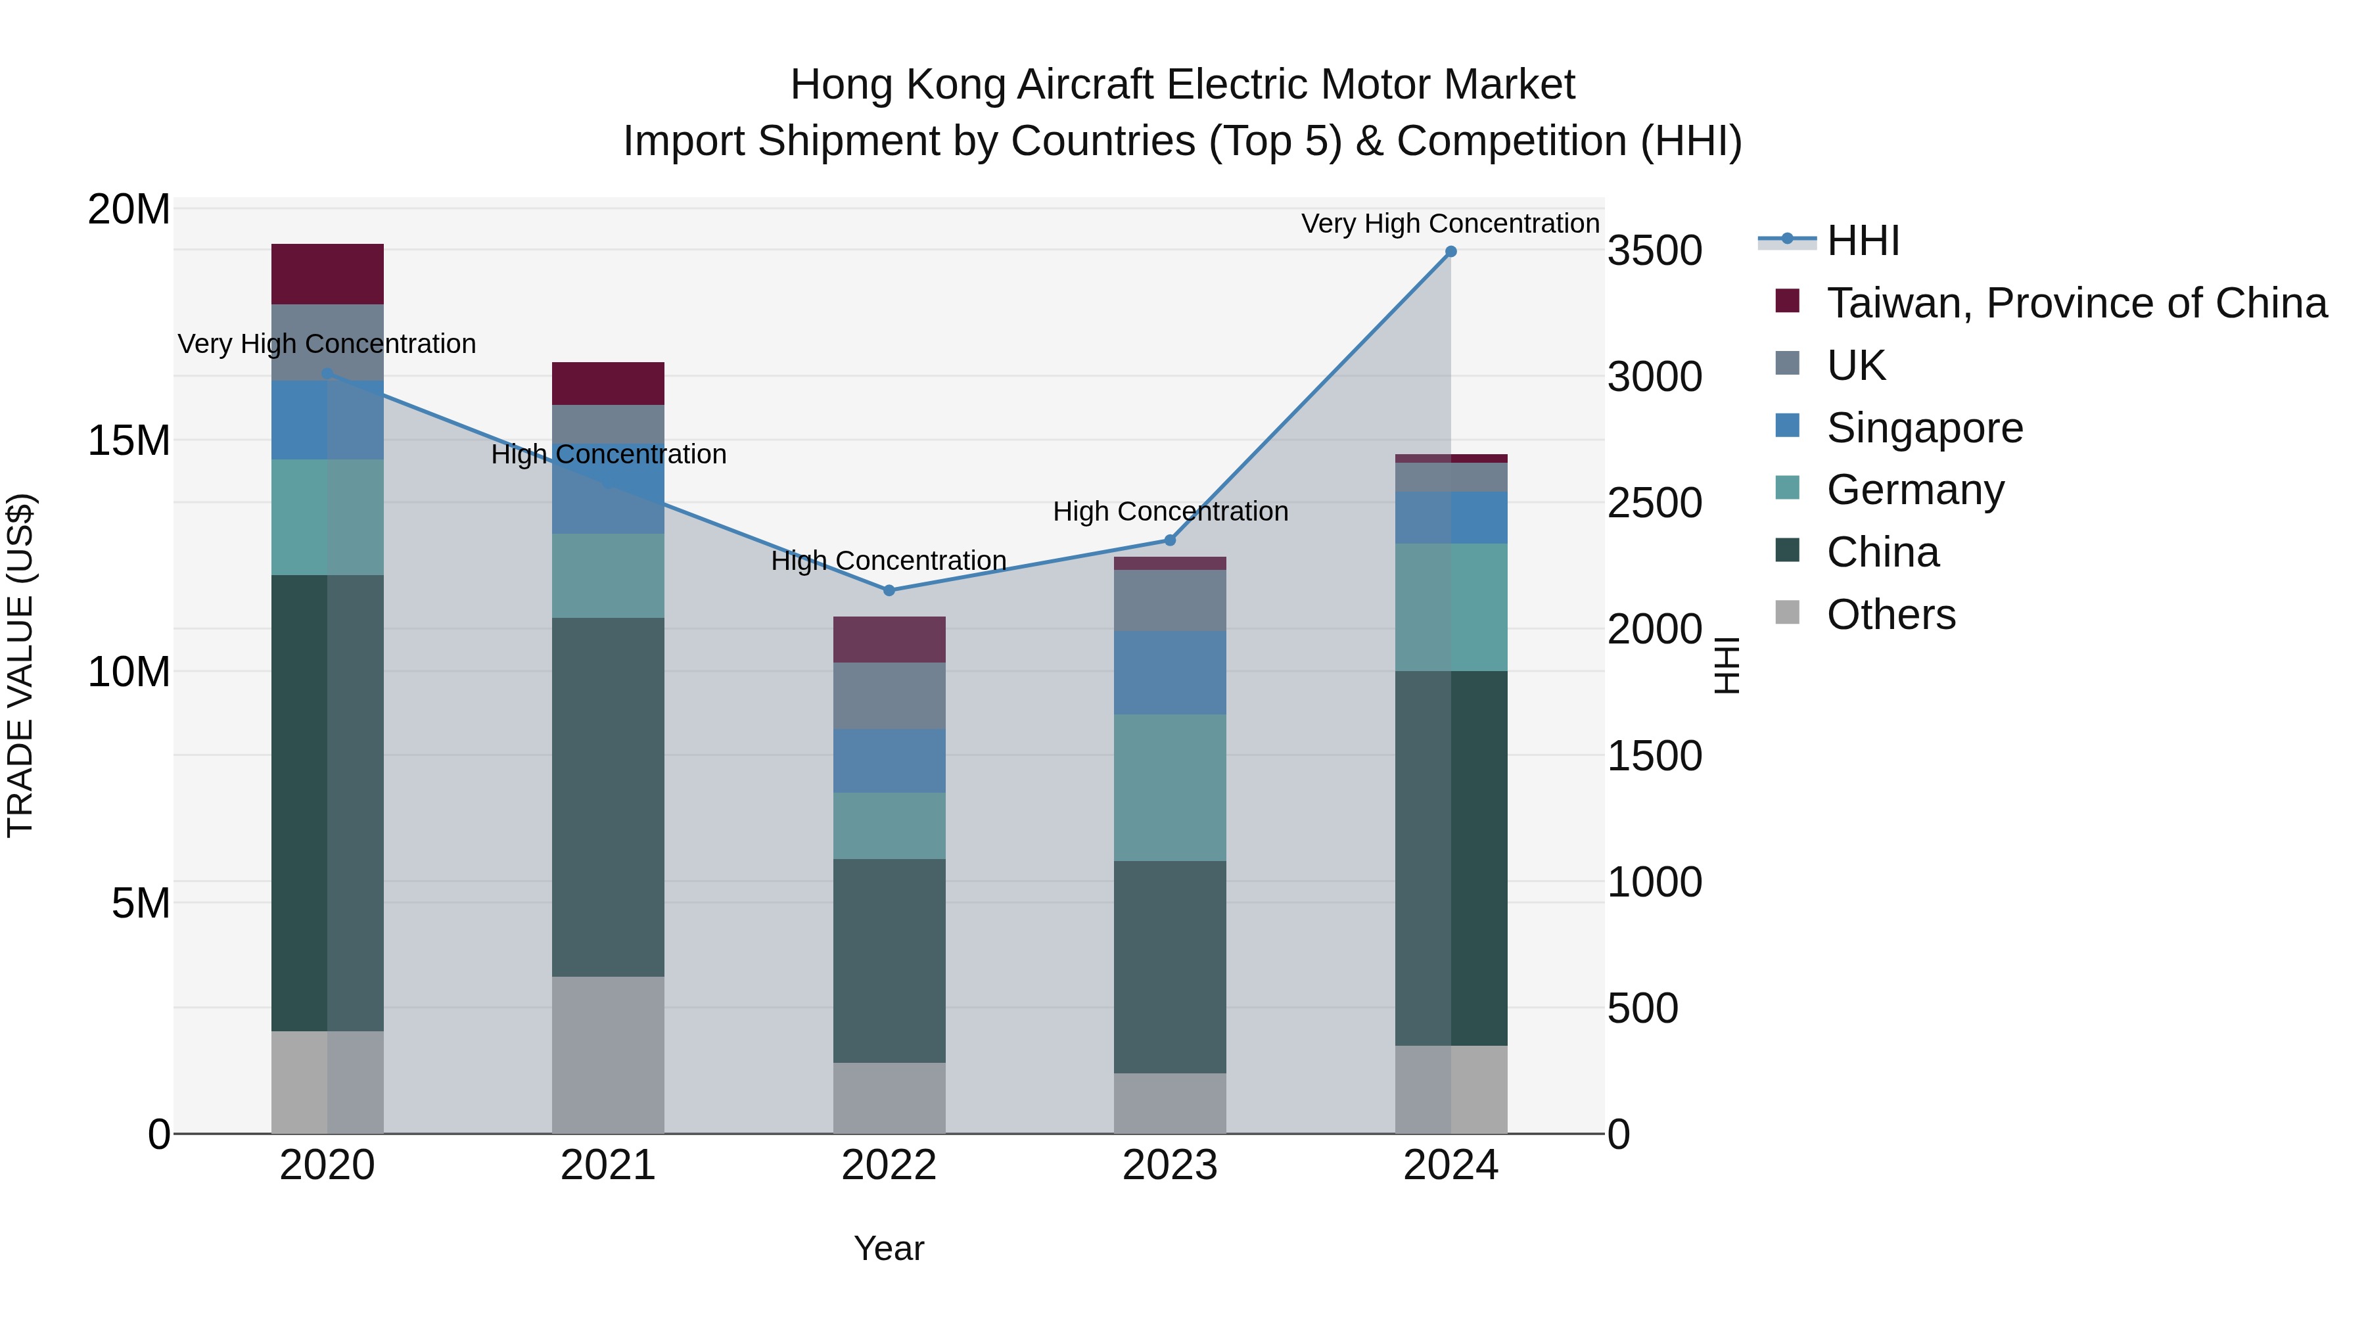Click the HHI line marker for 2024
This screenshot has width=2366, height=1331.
1450,252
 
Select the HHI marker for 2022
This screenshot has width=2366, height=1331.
888,591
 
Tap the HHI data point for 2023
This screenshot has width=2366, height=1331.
1169,540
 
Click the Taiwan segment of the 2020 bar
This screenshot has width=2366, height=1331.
327,273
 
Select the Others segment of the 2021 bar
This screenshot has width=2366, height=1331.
607,1054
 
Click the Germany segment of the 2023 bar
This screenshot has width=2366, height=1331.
1169,787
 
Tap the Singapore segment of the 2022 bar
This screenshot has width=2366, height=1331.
888,760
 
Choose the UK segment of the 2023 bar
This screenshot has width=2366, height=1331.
1169,600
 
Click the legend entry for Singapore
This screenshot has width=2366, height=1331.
1924,428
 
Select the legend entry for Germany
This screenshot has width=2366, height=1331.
1915,490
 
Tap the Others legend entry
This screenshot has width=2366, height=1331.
1890,615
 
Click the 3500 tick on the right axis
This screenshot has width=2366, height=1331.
1654,251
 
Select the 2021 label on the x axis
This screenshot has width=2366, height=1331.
607,1165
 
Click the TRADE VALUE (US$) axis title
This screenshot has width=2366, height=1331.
20,665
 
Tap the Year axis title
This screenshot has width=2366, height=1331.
888,1248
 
